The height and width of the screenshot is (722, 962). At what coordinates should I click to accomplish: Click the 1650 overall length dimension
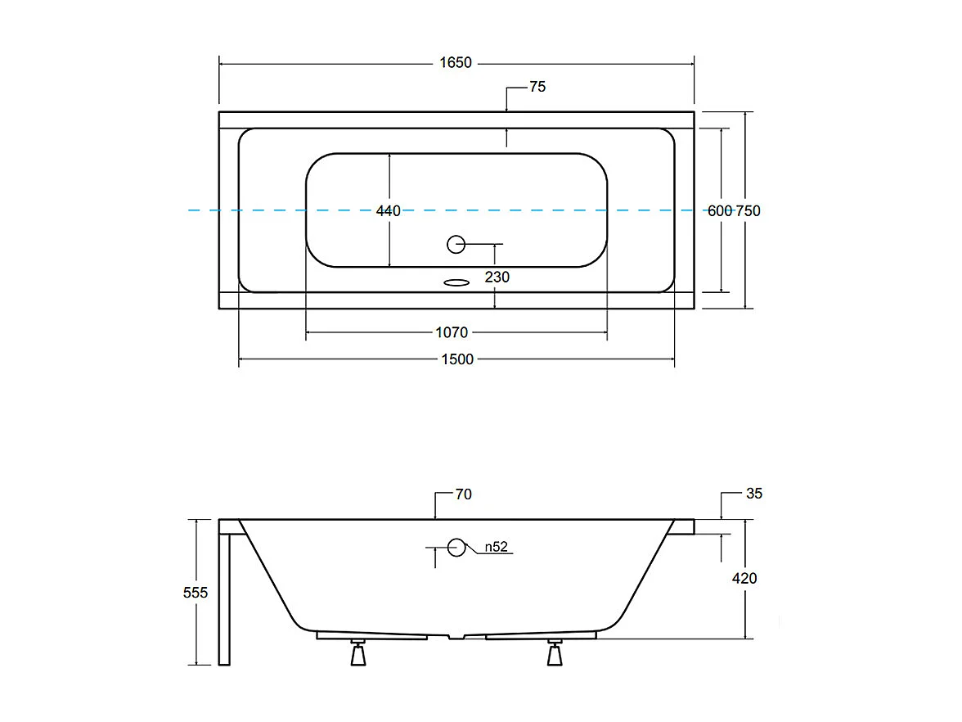click(x=456, y=63)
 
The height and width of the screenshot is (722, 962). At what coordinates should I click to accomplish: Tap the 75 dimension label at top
click(x=537, y=87)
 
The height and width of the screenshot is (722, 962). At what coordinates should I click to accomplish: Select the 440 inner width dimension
click(x=388, y=211)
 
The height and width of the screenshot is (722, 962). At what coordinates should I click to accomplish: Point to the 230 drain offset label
click(x=497, y=278)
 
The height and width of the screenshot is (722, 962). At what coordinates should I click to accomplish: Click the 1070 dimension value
click(x=452, y=332)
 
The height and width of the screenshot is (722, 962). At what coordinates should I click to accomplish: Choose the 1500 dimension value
click(x=456, y=359)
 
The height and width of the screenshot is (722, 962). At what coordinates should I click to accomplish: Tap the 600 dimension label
click(x=719, y=211)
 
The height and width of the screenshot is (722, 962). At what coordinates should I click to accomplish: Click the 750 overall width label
click(x=748, y=211)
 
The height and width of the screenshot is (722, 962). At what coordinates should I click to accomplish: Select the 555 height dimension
click(x=196, y=593)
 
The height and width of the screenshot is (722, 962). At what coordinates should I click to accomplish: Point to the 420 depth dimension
click(x=745, y=579)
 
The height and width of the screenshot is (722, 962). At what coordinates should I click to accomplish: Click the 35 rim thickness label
click(x=754, y=494)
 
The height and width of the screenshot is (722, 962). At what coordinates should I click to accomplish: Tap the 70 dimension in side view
click(x=464, y=494)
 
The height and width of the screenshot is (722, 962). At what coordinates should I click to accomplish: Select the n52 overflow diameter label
click(x=497, y=548)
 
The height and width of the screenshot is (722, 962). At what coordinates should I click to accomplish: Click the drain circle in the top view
click(x=456, y=243)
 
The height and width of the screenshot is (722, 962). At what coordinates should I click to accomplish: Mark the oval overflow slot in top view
click(x=456, y=283)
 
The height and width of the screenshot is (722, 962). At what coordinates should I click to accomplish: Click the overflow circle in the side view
click(x=456, y=548)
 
